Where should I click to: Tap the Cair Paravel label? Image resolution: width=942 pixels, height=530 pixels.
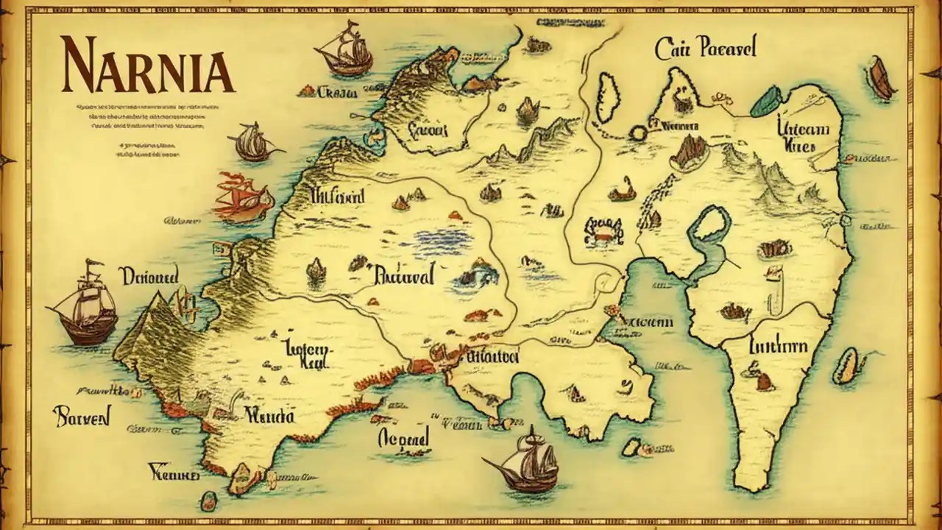coord(705,49)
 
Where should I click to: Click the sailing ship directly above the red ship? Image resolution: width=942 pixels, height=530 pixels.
coord(252,141)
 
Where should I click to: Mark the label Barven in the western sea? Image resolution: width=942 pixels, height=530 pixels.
coord(82,417)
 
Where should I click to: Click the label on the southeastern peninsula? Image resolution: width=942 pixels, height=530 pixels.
coord(777,346)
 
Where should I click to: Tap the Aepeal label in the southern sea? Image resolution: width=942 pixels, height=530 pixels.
coord(403,439)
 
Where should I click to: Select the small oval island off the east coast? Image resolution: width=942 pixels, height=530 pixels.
coord(847,366)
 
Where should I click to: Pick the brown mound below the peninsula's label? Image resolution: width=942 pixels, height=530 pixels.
coord(765,381)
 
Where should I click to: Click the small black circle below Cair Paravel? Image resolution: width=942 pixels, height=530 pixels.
coord(637,133)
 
